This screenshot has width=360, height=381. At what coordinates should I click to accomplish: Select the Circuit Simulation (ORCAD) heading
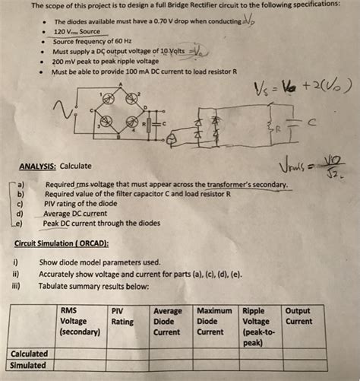(x=62, y=244)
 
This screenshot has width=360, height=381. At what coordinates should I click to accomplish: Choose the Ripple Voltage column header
(x=259, y=326)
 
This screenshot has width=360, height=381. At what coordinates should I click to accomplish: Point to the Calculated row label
(x=30, y=353)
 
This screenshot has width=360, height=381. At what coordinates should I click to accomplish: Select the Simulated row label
(x=28, y=365)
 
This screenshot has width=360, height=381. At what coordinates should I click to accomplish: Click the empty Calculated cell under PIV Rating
(x=128, y=353)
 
